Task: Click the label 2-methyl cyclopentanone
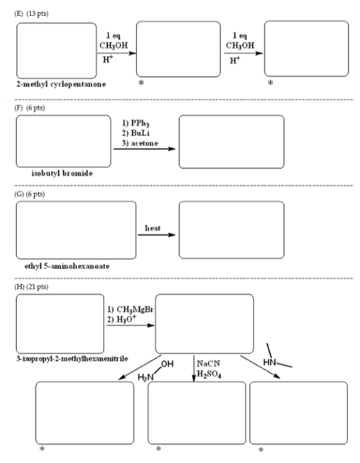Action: click(61, 84)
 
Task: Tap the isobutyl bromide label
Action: click(62, 174)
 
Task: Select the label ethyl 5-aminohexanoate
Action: click(67, 266)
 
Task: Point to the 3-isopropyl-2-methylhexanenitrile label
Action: click(72, 359)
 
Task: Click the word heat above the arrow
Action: click(153, 228)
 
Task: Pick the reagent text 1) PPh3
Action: click(136, 123)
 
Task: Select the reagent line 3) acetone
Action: click(140, 143)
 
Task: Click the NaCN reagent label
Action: click(208, 363)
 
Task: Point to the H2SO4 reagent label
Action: click(209, 374)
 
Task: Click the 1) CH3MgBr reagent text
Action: click(130, 309)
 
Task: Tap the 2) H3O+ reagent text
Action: click(122, 319)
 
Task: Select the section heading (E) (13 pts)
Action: click(32, 14)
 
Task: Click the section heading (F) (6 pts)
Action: click(30, 108)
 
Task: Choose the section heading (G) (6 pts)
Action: click(30, 194)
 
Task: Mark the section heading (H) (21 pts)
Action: click(32, 287)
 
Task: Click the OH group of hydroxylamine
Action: click(167, 364)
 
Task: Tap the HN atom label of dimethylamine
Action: click(269, 362)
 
